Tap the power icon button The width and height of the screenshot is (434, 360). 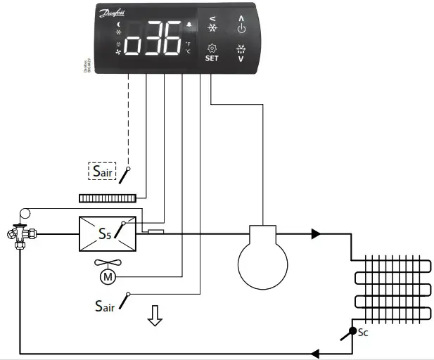click(241, 26)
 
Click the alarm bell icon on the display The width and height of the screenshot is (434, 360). click(188, 26)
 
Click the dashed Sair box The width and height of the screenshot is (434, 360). click(101, 171)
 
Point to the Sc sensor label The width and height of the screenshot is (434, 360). click(363, 333)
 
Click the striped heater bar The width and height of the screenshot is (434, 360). click(106, 198)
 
